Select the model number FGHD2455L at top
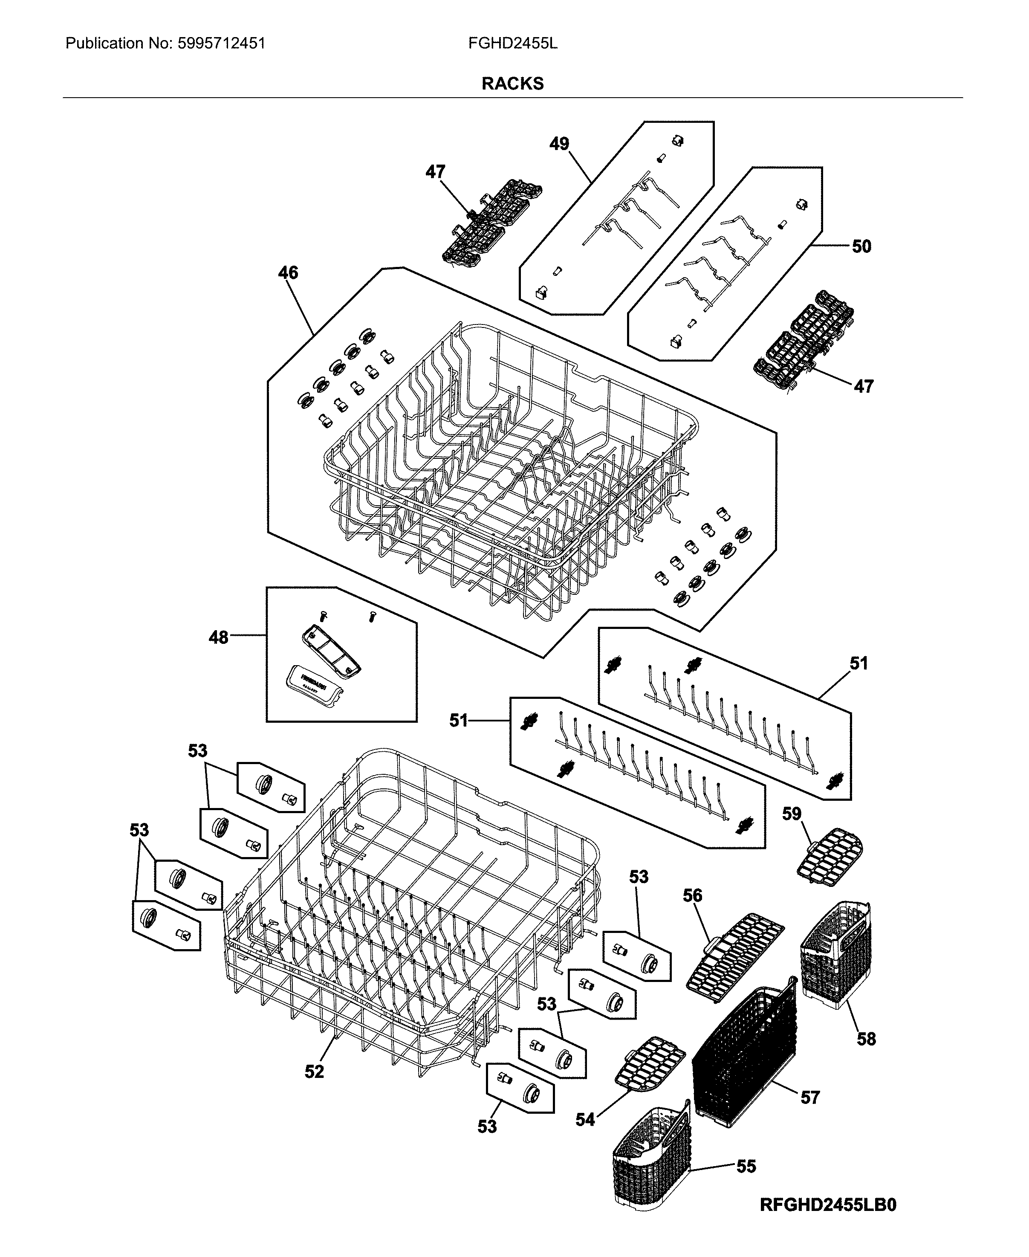[513, 43]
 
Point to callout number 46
[288, 273]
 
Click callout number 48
[218, 637]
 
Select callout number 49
[558, 144]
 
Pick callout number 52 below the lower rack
[314, 1072]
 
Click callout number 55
[746, 1166]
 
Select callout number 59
[791, 814]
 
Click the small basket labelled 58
[836, 955]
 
